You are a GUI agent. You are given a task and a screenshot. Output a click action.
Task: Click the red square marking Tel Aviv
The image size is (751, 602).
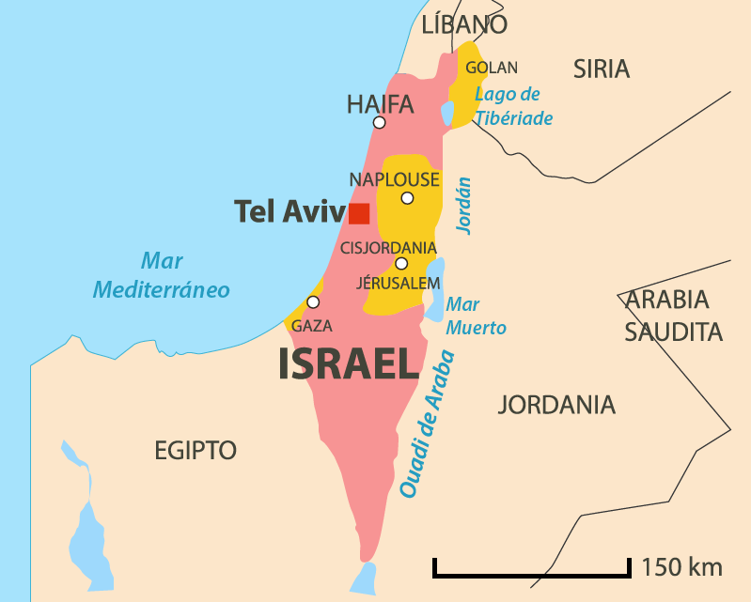tap(358, 213)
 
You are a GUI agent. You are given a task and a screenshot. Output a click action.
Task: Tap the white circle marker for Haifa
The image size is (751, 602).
tap(379, 122)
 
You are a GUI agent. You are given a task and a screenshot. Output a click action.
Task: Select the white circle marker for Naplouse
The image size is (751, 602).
tap(407, 198)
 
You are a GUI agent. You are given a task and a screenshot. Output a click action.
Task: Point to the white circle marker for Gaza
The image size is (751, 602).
tap(313, 302)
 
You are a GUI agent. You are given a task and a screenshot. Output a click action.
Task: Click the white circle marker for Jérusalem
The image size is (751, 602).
tap(401, 264)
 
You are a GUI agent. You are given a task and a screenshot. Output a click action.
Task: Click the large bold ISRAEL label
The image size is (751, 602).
tap(348, 364)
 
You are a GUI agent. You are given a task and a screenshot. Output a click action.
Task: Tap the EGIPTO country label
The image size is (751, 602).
tap(196, 451)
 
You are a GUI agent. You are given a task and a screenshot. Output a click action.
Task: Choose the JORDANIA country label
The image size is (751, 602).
tap(556, 406)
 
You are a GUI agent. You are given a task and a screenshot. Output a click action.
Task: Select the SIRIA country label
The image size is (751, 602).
tap(602, 69)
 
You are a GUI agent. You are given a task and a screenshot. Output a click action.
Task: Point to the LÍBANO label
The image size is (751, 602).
tap(464, 24)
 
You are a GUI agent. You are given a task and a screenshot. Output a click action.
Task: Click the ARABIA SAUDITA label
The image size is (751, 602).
tap(674, 316)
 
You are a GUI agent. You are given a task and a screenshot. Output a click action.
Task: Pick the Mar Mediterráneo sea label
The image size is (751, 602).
tap(161, 276)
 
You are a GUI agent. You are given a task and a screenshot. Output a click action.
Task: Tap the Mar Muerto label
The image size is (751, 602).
tap(476, 316)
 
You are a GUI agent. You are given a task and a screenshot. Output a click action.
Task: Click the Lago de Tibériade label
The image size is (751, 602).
tap(512, 106)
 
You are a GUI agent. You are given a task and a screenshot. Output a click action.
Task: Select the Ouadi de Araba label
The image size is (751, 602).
tap(428, 424)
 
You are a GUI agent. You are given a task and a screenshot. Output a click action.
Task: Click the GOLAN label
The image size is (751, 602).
tap(492, 68)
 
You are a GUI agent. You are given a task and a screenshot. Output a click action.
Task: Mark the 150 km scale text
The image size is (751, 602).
tap(682, 567)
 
